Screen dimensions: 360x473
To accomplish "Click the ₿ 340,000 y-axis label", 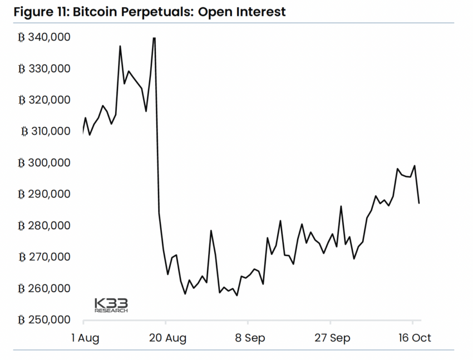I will click(44, 37).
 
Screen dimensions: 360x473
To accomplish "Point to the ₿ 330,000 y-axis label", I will click(44, 68).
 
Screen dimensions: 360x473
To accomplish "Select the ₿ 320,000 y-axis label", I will click(44, 100).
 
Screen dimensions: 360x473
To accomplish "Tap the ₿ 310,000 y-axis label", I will click(45, 131).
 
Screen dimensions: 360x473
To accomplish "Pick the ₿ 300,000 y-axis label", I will click(44, 163).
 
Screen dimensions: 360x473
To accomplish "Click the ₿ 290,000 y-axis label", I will click(44, 194).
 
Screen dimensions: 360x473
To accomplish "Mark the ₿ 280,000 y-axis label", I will click(44, 226).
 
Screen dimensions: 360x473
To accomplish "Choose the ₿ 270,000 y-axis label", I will click(44, 257).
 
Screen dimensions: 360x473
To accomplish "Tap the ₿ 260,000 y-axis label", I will click(44, 289).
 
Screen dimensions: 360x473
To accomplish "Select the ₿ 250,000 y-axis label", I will click(44, 320).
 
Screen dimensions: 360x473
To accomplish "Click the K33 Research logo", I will click(111, 305).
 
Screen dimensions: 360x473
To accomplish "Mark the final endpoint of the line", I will click(419, 203).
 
